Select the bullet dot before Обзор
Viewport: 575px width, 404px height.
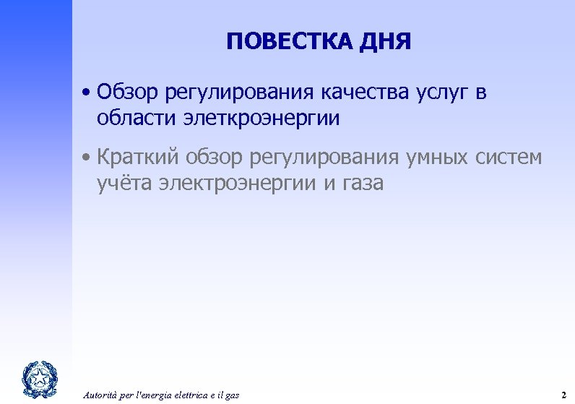[x=86, y=93]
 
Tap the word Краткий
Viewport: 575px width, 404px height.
[x=138, y=157]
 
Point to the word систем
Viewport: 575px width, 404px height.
[x=512, y=157]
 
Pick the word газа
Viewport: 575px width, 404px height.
[x=358, y=184]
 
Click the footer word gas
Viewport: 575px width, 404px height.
[x=233, y=395]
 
